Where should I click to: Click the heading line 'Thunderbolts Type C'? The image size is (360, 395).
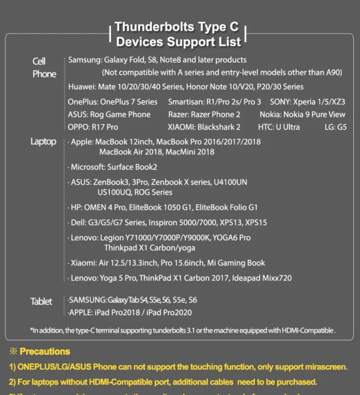tap(177, 28)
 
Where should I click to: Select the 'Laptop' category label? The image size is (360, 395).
tap(43, 142)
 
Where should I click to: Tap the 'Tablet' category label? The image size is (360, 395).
tap(41, 301)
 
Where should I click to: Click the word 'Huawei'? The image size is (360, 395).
tap(82, 86)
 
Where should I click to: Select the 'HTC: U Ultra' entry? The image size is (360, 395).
tap(280, 127)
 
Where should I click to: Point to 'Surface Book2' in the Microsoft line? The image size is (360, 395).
tap(132, 167)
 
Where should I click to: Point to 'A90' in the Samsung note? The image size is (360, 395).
tap(350, 72)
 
